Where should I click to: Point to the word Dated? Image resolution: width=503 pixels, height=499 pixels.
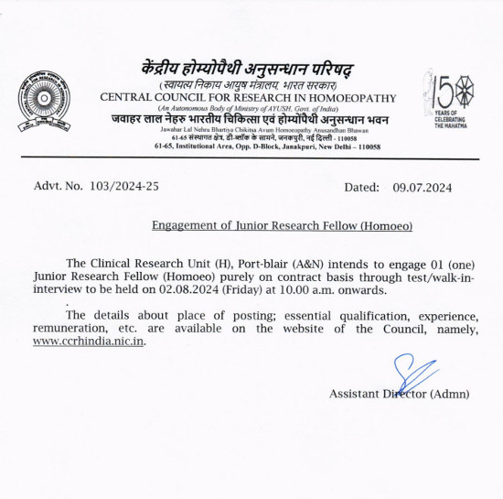pos(361,186)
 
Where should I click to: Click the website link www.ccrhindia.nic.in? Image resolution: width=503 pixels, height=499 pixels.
pos(89,342)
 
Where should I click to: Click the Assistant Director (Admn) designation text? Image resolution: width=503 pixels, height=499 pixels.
pos(399,394)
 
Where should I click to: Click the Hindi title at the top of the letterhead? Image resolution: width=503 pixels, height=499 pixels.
pos(247,71)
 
